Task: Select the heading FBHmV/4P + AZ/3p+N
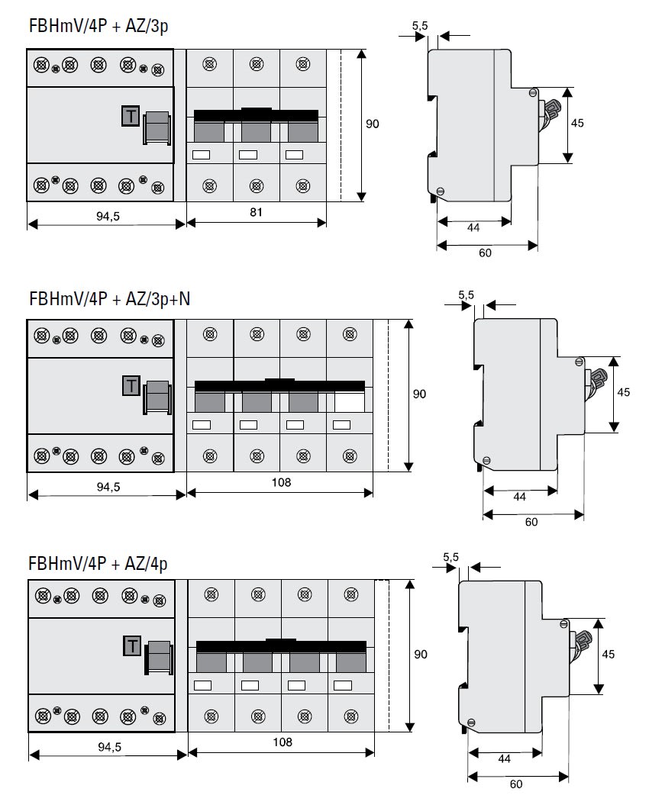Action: coord(109,298)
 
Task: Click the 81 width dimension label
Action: coord(256,213)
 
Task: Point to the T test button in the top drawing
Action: coord(131,116)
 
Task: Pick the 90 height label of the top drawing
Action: coord(373,123)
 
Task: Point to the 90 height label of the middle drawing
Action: coord(419,394)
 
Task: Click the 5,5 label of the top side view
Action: coord(420,26)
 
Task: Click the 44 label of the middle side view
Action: coord(520,497)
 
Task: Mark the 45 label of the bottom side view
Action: coord(609,654)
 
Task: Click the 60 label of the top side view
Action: coord(486,253)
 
